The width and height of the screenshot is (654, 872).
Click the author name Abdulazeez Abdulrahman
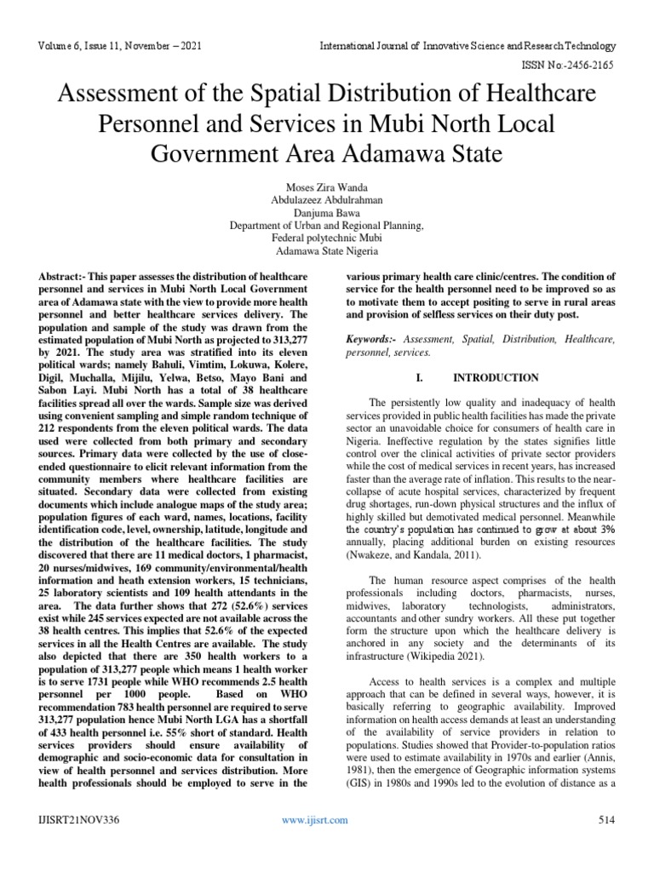327,199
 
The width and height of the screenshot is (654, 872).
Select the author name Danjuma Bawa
327,213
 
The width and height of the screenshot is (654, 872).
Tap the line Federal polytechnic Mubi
327,239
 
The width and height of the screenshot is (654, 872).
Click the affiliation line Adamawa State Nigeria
327,253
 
